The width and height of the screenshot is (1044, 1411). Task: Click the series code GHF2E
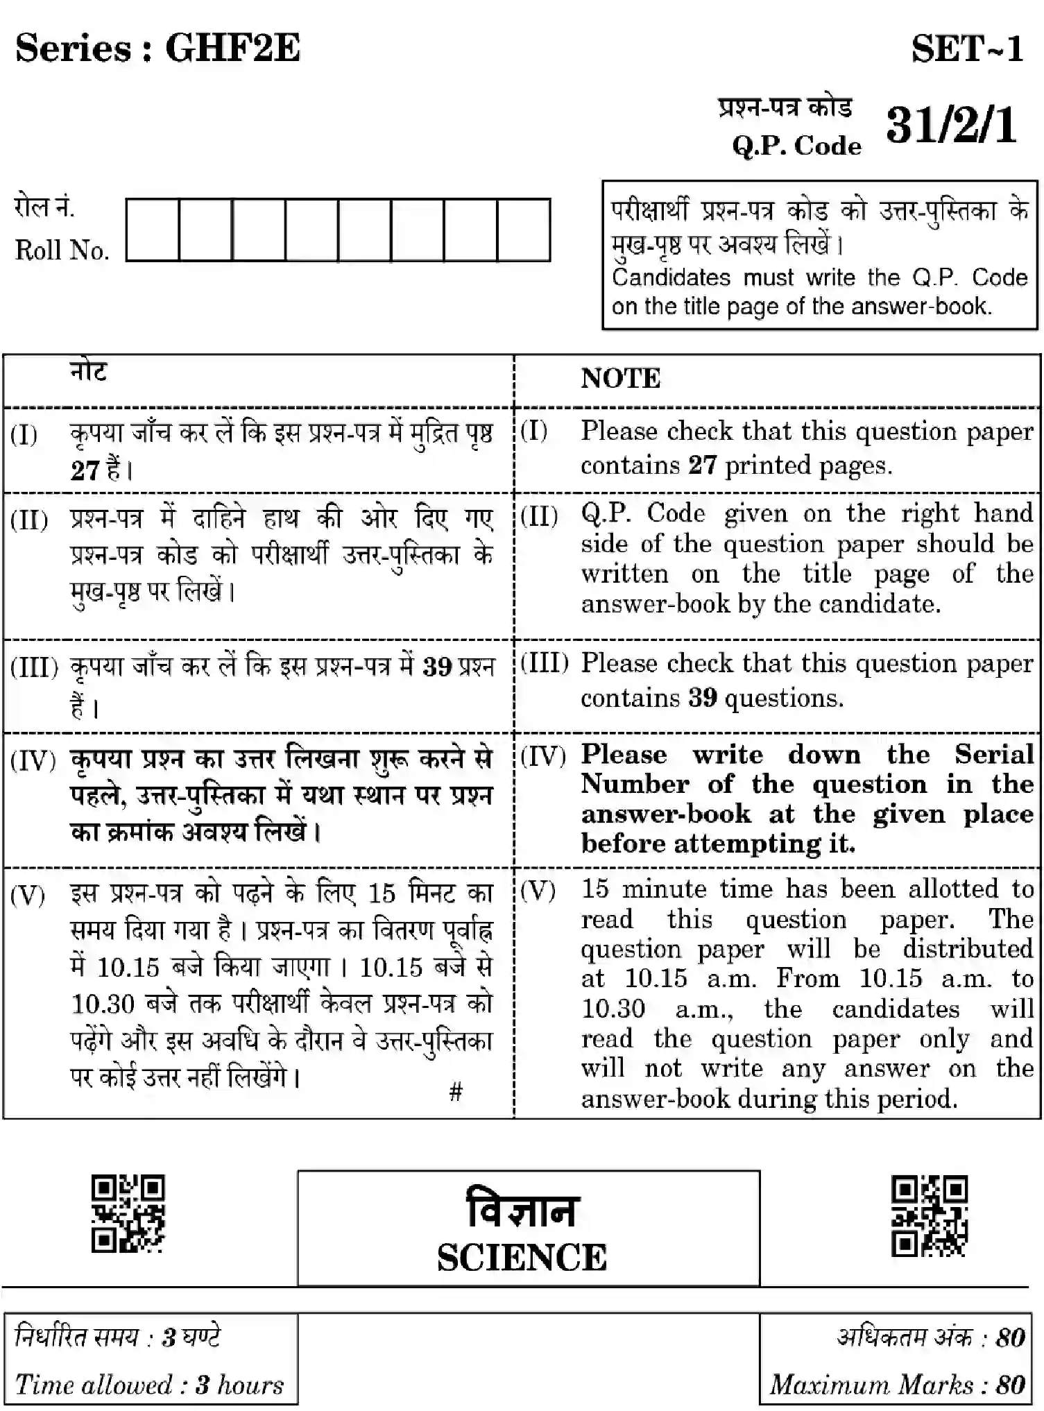pyautogui.click(x=232, y=49)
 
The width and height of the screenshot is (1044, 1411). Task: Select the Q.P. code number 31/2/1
pyautogui.click(x=951, y=126)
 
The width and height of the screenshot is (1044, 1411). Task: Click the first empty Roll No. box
pyautogui.click(x=153, y=230)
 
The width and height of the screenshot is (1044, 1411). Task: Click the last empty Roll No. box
pyautogui.click(x=524, y=230)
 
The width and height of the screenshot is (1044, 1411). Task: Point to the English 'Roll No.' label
pyautogui.click(x=62, y=250)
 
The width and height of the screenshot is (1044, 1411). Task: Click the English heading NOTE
pyautogui.click(x=621, y=379)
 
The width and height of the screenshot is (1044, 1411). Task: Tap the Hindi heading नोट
pyautogui.click(x=89, y=373)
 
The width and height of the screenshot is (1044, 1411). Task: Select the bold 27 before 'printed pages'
pyautogui.click(x=702, y=465)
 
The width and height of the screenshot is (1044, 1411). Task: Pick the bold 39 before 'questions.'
pyautogui.click(x=702, y=697)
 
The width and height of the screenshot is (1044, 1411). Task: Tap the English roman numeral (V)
pyautogui.click(x=538, y=891)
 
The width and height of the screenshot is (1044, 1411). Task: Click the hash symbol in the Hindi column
pyautogui.click(x=456, y=1092)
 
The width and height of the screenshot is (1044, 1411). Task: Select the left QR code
pyautogui.click(x=128, y=1213)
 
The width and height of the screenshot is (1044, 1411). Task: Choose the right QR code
pyautogui.click(x=929, y=1215)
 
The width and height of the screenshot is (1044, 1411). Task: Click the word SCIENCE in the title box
pyautogui.click(x=522, y=1258)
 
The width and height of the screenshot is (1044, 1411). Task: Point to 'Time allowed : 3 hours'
pyautogui.click(x=150, y=1385)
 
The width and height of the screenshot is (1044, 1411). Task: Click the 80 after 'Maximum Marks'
pyautogui.click(x=1010, y=1385)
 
